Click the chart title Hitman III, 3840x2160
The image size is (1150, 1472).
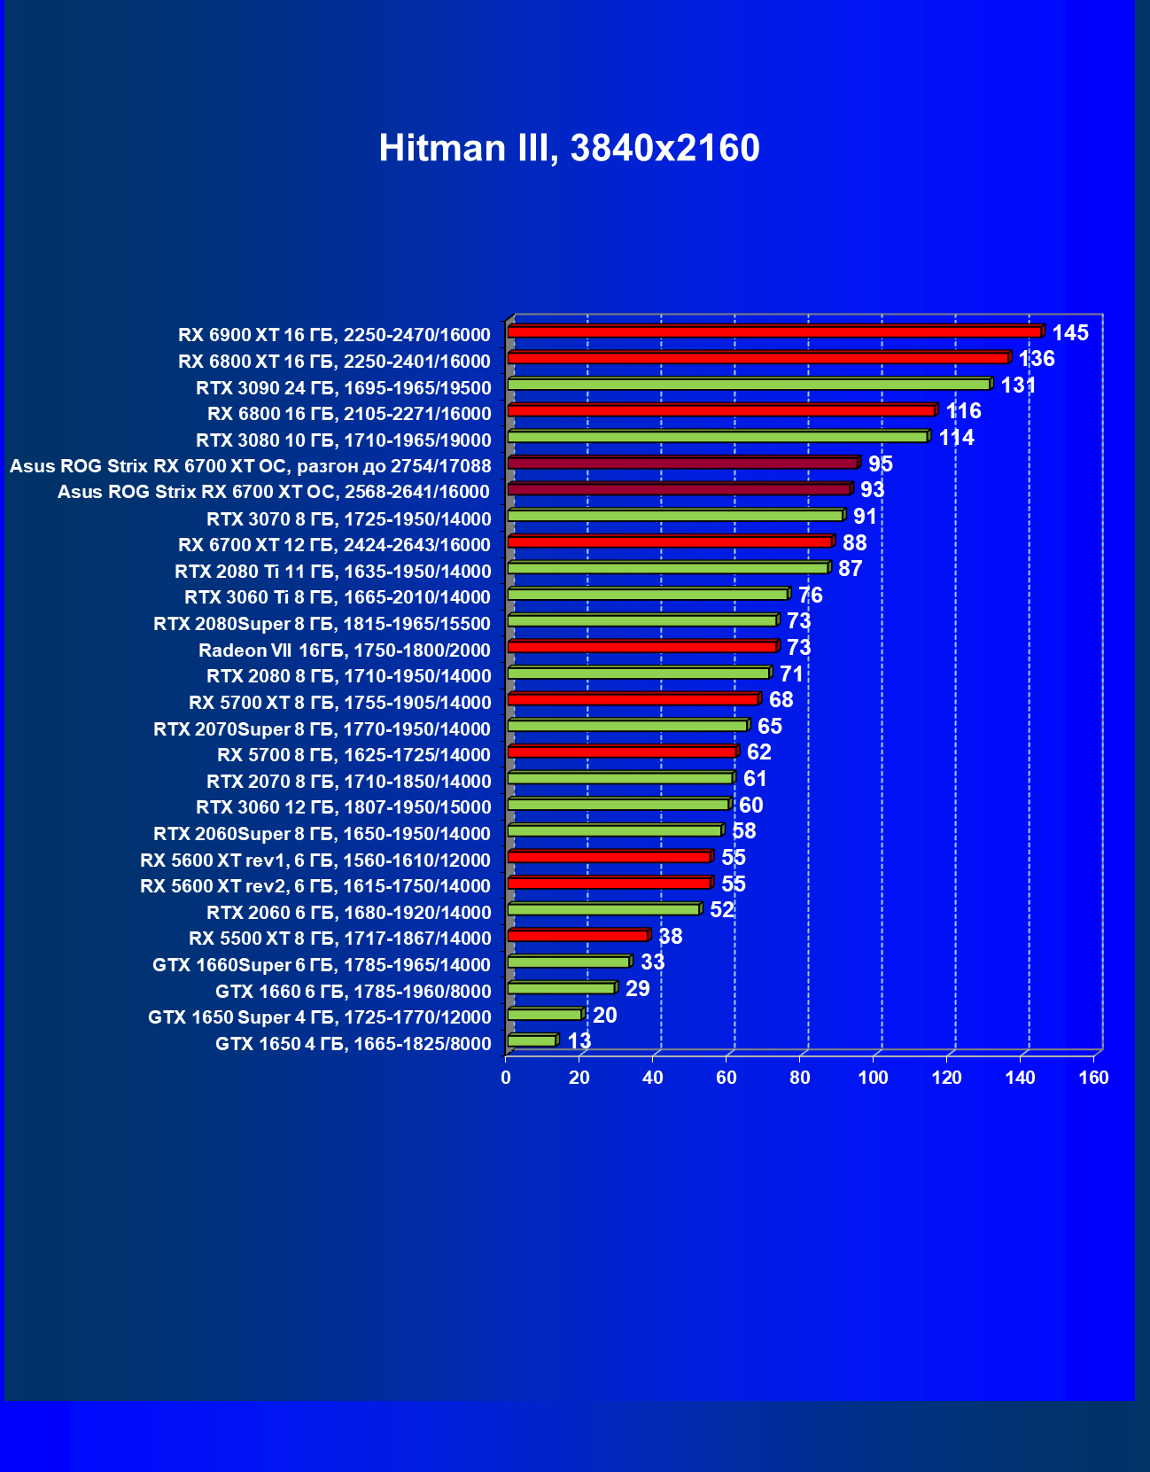click(x=569, y=148)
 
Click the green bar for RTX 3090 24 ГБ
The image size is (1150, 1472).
click(x=749, y=384)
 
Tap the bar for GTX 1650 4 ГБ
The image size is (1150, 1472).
click(x=532, y=1040)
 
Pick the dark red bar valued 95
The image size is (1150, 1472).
click(x=682, y=463)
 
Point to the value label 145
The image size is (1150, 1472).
click(x=1070, y=333)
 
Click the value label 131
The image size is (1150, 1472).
click(x=1018, y=386)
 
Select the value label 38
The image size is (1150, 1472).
click(x=671, y=937)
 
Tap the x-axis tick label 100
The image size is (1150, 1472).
click(x=874, y=1078)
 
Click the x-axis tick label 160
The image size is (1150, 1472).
click(x=1094, y=1078)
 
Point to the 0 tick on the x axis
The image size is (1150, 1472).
click(x=506, y=1078)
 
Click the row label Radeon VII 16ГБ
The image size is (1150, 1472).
click(x=344, y=650)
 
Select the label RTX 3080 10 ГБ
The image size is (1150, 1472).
click(x=343, y=440)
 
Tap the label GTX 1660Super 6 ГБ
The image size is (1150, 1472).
click(x=321, y=965)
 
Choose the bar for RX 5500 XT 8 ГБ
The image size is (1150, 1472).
click(x=578, y=936)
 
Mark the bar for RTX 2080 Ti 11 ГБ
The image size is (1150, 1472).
click(x=668, y=568)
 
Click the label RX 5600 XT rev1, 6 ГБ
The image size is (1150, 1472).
click(x=315, y=861)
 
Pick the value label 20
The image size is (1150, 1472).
click(x=605, y=1016)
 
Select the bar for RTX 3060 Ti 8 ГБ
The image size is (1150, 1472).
click(x=648, y=594)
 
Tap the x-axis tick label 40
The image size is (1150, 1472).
click(x=653, y=1078)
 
